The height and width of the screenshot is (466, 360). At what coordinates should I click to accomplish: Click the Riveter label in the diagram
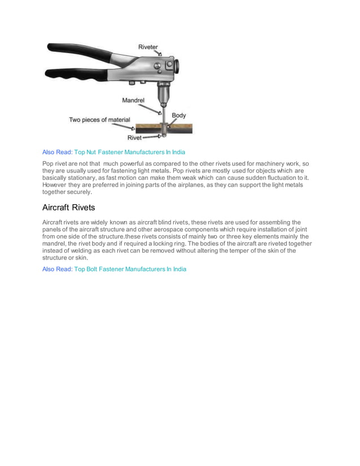[148, 47]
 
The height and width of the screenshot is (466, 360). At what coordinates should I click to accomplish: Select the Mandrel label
[134, 100]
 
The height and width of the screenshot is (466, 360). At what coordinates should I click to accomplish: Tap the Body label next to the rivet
[179, 115]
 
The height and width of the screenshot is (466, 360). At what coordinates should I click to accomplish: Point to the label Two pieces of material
[99, 120]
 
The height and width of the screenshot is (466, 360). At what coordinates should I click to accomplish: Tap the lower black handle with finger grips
[73, 73]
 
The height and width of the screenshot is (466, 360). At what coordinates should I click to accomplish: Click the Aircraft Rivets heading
[68, 208]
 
